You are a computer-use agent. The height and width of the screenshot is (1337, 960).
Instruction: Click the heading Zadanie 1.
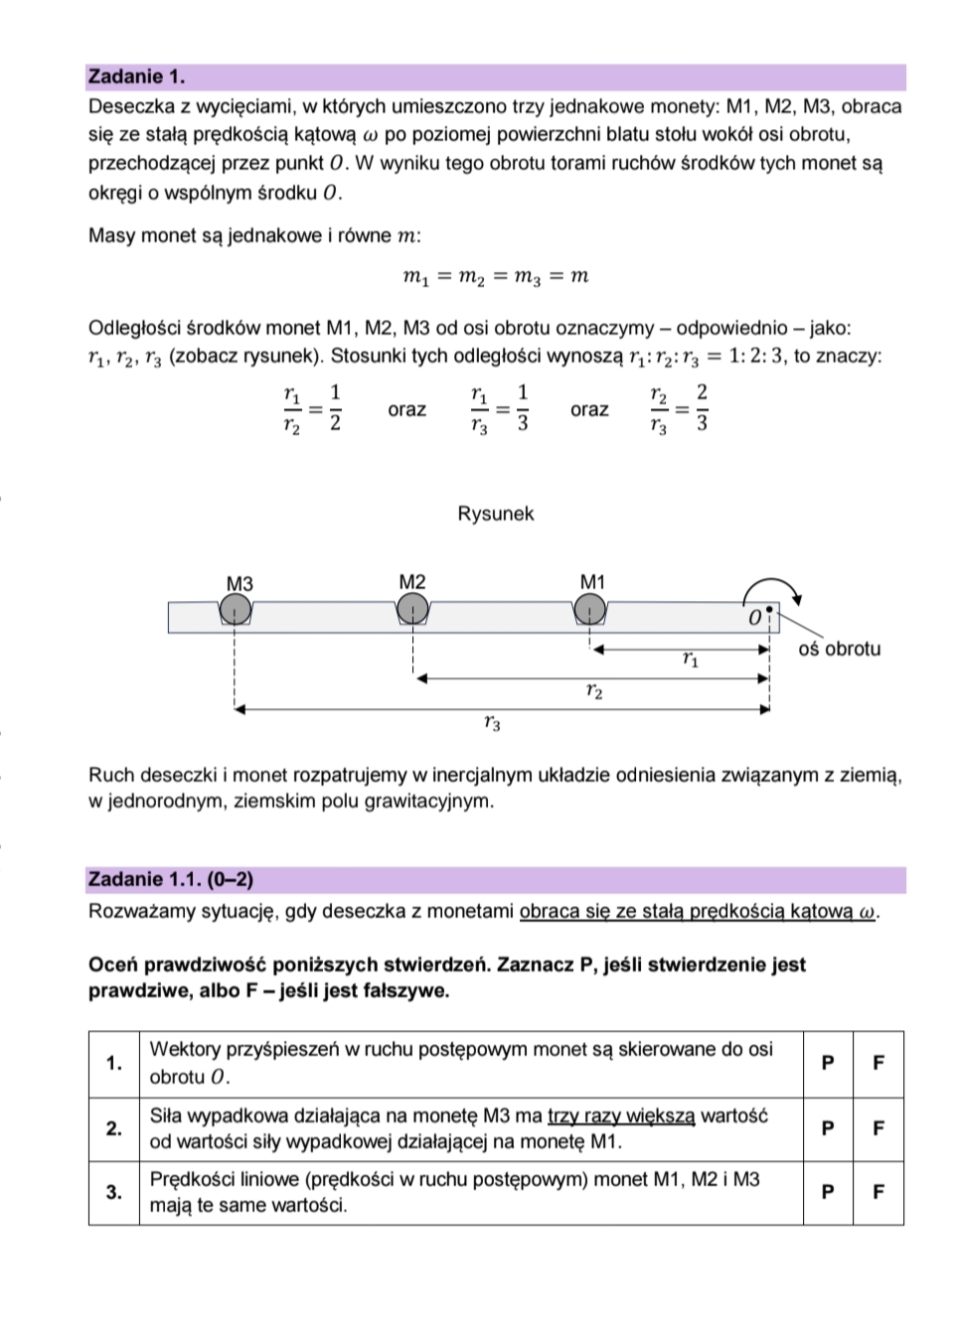(136, 76)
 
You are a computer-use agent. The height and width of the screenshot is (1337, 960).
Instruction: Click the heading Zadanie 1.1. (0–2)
(170, 879)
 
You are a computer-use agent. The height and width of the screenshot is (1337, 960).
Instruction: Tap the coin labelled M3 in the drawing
(236, 609)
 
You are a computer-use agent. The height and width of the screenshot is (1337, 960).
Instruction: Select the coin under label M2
(413, 608)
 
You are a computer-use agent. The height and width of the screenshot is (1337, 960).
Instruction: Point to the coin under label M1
(590, 608)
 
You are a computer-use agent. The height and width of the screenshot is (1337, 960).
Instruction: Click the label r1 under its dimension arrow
(691, 660)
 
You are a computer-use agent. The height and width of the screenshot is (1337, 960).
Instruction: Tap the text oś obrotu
(840, 649)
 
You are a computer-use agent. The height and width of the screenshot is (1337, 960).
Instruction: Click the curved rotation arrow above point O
(773, 586)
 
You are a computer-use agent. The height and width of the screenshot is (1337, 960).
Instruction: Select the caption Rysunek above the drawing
(496, 514)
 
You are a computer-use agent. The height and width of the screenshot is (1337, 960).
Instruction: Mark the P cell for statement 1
(828, 1063)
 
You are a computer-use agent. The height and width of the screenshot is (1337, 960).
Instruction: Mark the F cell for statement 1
(879, 1063)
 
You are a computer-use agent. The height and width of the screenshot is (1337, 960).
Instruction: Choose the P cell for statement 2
(828, 1128)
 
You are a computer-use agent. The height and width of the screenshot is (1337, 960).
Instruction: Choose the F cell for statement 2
(879, 1128)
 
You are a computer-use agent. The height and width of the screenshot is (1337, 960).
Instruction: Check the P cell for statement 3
(828, 1192)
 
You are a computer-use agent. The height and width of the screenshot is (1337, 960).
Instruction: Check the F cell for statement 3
(879, 1192)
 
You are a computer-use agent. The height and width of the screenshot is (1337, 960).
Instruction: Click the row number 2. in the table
(114, 1128)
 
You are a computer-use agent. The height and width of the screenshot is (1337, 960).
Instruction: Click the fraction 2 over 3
(702, 408)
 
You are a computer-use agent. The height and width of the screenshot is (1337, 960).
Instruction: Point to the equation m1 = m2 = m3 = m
(496, 276)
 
